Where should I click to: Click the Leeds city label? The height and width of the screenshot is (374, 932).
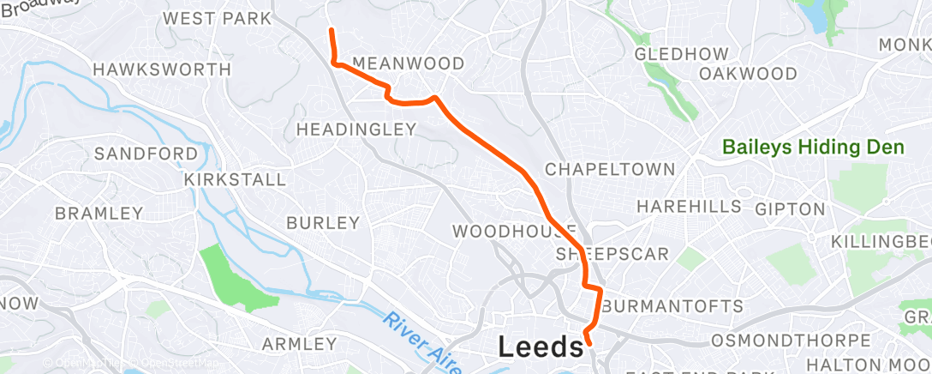point(541,347)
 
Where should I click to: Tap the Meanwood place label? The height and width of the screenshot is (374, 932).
point(408,63)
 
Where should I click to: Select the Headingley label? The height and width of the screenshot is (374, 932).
point(355,130)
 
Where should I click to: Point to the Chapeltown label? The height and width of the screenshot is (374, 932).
point(610,169)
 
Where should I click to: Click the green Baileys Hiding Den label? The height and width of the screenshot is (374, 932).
point(813,148)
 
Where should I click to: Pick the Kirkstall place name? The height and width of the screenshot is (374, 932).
point(234,179)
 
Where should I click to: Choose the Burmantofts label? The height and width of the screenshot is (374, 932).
point(672,306)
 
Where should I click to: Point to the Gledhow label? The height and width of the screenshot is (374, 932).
point(682,54)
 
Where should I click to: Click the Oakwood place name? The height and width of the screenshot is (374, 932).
point(748,74)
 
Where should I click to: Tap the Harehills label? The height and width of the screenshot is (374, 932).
point(689,207)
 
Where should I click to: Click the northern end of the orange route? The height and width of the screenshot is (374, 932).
point(331,31)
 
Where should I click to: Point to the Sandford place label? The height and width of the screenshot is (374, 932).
point(146,154)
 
